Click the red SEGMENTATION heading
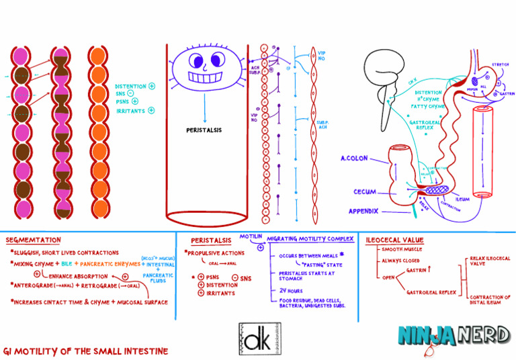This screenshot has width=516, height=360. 33,240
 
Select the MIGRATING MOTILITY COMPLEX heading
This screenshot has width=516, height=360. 310,238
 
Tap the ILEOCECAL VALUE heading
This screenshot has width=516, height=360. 394,239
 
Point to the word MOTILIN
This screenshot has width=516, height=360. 251,236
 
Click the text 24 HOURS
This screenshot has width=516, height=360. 290,289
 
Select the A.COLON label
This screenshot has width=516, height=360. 353,159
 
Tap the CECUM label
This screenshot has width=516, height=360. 364,192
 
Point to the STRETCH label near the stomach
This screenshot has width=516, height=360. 500,65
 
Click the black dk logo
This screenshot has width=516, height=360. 259,339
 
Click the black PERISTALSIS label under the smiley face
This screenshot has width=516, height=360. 204,130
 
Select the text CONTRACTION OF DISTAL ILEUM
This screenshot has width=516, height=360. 490,299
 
